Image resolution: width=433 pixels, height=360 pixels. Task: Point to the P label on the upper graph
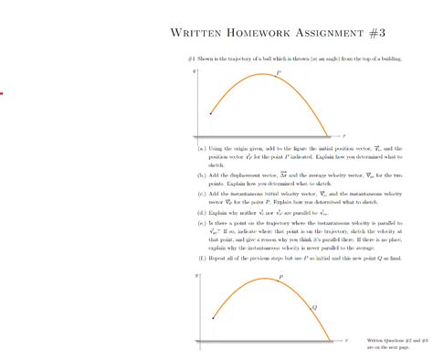coord(280,70)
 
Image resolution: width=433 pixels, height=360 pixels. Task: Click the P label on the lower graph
coord(280,274)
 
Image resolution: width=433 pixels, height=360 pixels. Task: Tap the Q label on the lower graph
coord(315,307)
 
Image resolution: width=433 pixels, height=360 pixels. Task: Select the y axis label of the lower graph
coord(195,274)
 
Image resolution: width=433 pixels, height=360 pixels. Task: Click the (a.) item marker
coord(202,147)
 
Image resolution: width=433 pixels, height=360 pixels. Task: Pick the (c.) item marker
coord(202,194)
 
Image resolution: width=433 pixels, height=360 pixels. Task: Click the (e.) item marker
coord(202,225)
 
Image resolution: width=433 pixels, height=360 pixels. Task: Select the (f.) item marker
coord(202,258)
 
